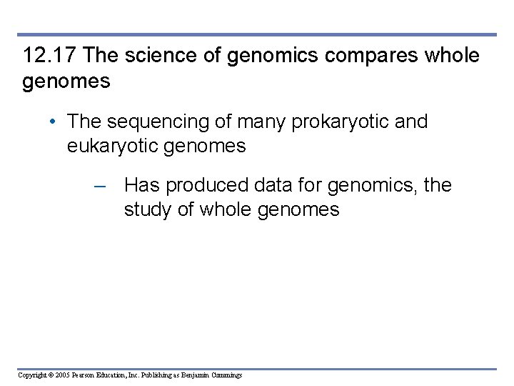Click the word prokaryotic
(331, 122)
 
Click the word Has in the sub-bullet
(141, 186)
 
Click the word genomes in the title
(66, 81)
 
